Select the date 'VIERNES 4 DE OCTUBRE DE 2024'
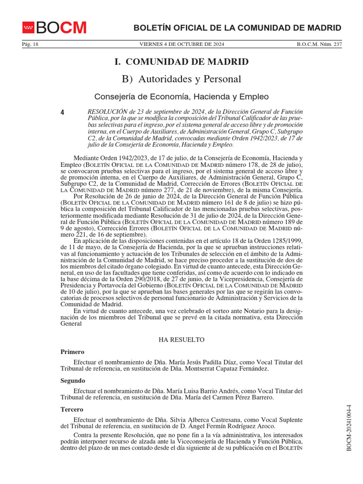181,44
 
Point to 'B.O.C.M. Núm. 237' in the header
319,44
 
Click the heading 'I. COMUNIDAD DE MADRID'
181,62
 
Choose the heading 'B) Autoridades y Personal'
181,79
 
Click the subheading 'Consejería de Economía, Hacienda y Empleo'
181,96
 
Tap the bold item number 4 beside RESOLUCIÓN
63,112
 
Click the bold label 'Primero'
72,352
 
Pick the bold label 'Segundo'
73,380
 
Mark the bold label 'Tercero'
72,409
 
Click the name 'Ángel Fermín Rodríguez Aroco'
229,426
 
